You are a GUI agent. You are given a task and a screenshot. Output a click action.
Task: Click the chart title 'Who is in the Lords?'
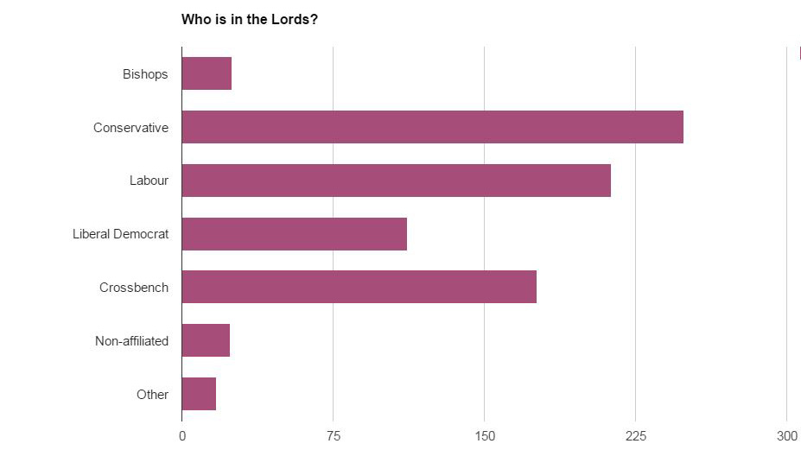[249, 19]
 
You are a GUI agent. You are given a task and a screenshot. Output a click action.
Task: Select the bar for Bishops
[207, 73]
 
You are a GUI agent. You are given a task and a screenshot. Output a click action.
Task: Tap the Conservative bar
[432, 127]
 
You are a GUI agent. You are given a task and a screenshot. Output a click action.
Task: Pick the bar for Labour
[396, 181]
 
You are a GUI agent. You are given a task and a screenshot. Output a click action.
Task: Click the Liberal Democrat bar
[294, 234]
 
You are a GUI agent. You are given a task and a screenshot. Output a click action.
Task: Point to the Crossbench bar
[359, 287]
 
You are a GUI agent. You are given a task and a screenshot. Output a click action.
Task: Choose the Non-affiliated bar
[206, 340]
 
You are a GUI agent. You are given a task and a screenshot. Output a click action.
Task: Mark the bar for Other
[199, 394]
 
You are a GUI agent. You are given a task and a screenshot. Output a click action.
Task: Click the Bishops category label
[145, 74]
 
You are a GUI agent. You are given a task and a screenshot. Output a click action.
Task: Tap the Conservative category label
[130, 128]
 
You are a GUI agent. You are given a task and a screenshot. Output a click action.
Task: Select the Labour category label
[149, 181]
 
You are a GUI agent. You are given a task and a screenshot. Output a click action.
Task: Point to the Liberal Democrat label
[120, 234]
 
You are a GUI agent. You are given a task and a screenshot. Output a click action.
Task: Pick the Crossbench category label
[134, 288]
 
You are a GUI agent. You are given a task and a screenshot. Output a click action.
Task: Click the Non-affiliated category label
[131, 341]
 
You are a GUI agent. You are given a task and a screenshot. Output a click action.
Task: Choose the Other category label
[152, 395]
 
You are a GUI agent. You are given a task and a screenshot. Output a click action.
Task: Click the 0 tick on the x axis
[182, 436]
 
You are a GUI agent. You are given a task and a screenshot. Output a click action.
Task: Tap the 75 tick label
[334, 436]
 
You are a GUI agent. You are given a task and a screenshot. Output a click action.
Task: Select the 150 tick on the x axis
[485, 436]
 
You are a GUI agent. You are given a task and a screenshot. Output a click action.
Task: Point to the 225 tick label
[636, 436]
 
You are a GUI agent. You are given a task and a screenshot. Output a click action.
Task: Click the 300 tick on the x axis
[786, 436]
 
